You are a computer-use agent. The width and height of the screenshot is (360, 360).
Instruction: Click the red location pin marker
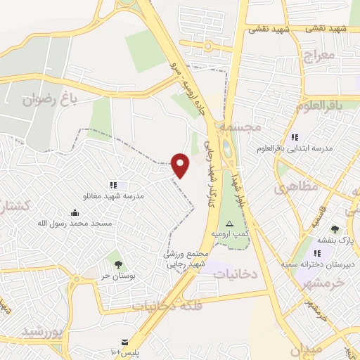(x=181, y=165)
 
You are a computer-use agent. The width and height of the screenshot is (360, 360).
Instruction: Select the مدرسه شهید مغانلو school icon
(x=112, y=185)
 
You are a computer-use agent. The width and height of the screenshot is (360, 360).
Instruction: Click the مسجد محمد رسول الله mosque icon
(x=75, y=212)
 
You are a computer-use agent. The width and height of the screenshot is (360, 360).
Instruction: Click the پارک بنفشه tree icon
(x=334, y=229)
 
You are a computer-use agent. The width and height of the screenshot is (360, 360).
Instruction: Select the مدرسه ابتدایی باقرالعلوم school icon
(x=295, y=137)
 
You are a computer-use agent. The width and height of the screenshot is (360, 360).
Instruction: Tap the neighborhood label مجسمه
(x=239, y=127)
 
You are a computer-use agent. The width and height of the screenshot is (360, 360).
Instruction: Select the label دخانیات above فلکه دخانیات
(x=235, y=272)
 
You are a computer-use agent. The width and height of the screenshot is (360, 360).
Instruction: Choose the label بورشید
(x=42, y=330)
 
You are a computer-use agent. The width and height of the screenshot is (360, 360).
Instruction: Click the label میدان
(x=304, y=348)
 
